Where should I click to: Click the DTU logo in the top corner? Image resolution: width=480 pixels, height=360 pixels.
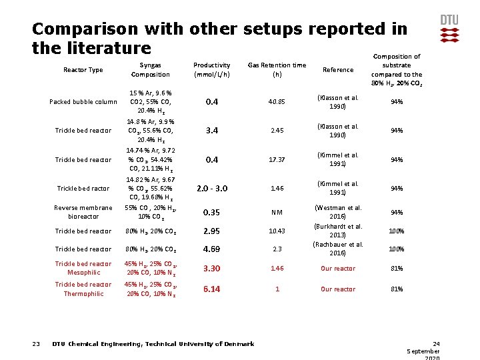449,29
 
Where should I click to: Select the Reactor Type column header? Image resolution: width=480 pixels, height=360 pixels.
83,70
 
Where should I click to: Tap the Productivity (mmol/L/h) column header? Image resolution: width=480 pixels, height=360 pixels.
211,70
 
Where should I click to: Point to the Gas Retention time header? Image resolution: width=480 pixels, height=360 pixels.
277,70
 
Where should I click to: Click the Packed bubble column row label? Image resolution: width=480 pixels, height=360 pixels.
83,102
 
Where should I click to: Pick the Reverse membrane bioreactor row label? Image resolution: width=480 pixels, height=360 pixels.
83,212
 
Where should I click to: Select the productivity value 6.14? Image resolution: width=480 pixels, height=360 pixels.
211,289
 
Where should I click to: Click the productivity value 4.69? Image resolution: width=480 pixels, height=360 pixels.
211,249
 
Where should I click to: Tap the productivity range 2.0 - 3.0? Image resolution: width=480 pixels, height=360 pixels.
211,189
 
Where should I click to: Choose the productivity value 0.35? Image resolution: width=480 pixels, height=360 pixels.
211,213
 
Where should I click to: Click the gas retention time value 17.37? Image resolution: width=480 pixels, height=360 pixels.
277,160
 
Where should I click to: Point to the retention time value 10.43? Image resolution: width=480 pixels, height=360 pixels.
277,231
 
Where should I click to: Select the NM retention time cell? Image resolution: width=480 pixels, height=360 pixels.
277,213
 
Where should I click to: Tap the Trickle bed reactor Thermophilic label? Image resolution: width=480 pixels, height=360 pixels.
83,289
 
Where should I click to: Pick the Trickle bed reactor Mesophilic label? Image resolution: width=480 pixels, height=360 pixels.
83,268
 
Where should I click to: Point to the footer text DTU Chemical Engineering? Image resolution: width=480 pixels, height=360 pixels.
153,344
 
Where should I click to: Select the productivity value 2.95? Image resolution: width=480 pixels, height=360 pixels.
211,231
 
